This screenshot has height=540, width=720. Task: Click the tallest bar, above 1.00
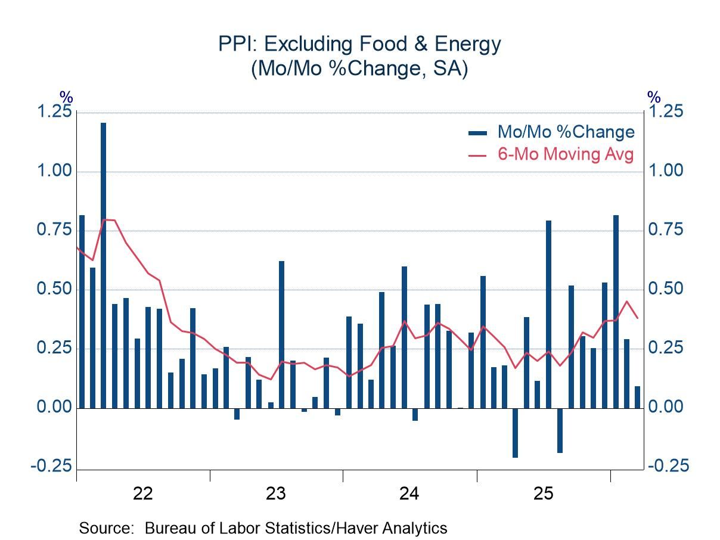pos(104,262)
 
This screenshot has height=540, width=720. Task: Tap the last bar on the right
pos(637,397)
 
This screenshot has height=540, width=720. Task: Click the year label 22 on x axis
pos(143,494)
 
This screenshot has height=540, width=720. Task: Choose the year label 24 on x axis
pos(410,494)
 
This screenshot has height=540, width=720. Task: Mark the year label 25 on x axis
pos(543,494)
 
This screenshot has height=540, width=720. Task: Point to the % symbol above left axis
pos(66,97)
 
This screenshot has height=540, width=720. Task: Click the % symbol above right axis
pos(654,97)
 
